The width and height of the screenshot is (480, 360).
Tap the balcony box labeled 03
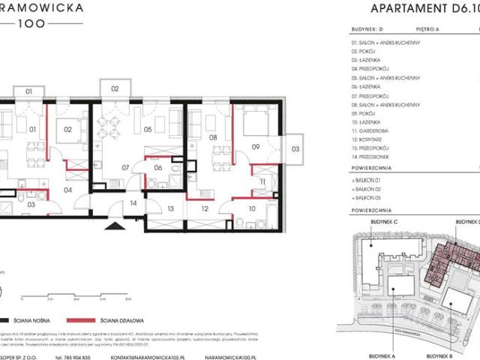[x=295, y=148]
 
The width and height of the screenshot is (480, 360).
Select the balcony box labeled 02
[x=115, y=88]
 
